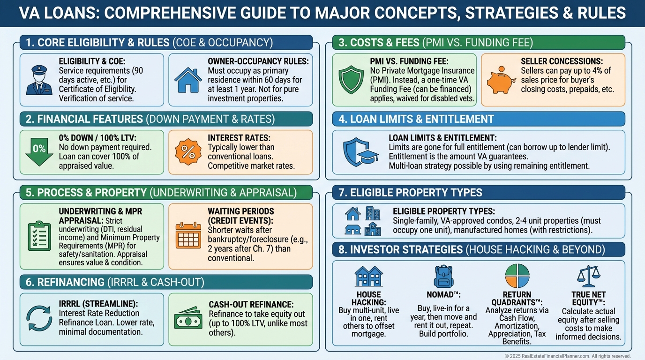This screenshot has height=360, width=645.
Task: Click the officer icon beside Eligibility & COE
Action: point(39,80)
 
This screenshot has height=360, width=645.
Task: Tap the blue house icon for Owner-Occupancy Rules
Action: point(188,80)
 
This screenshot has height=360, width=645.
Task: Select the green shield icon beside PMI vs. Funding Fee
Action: point(351,80)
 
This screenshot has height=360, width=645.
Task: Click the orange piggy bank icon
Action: point(501,80)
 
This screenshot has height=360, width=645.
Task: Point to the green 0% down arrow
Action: point(39,152)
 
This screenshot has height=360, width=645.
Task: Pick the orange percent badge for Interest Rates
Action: point(188,152)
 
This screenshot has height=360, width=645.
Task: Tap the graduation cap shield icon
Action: point(360,152)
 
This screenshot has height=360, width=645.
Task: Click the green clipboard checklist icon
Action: point(39,236)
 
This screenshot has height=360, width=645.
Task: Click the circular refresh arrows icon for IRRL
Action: point(39,318)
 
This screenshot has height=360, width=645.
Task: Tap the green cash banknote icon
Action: point(188,318)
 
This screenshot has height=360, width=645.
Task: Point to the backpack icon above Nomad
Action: point(444,277)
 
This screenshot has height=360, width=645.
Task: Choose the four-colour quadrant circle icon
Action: point(517,276)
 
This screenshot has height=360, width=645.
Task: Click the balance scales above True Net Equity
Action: point(589,276)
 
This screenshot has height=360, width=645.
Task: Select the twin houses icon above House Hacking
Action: point(368,276)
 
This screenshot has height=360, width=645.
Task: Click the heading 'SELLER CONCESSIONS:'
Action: point(562,61)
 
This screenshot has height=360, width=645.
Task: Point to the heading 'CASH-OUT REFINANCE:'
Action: point(251,304)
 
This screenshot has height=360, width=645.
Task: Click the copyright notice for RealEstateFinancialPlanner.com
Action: point(568,356)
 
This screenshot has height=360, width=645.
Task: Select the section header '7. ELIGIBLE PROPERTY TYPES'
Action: point(410,192)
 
